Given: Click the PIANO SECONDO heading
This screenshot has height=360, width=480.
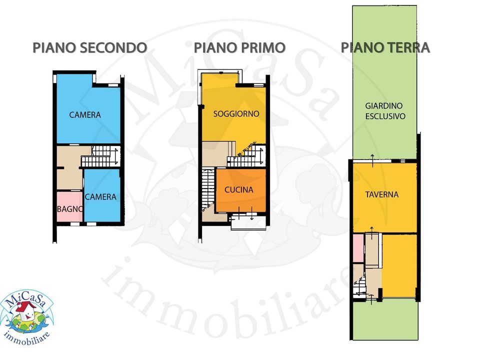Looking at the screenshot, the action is click(x=89, y=48).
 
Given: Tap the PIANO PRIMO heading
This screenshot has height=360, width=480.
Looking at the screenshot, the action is click(x=239, y=48).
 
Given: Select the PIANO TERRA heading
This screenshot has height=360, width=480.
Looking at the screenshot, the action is click(x=385, y=48).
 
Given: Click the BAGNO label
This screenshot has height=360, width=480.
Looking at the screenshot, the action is click(x=70, y=209).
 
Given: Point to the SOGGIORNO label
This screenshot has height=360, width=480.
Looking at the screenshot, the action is click(x=236, y=114).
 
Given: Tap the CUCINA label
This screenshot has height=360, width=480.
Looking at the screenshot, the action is click(x=239, y=190).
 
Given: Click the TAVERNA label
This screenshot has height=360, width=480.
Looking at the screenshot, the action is click(x=381, y=194).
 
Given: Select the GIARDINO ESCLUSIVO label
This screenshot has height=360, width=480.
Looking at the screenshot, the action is click(x=385, y=111).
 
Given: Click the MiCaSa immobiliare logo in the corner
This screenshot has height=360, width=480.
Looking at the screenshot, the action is click(x=27, y=317).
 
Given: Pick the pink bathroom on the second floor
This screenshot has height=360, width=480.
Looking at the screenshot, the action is click(x=70, y=206).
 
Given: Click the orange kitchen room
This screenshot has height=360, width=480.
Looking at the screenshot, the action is click(x=241, y=190).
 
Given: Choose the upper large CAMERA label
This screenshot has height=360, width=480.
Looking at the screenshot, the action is click(x=85, y=115).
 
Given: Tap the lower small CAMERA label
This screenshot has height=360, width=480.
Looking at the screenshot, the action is click(x=100, y=197).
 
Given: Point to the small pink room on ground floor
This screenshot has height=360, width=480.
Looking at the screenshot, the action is click(x=358, y=248).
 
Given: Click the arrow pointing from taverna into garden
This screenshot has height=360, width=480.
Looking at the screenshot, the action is click(x=372, y=161).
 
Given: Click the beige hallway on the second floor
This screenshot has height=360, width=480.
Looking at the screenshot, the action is click(x=70, y=168).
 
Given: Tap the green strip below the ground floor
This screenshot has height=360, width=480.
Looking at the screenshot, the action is click(x=385, y=320).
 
